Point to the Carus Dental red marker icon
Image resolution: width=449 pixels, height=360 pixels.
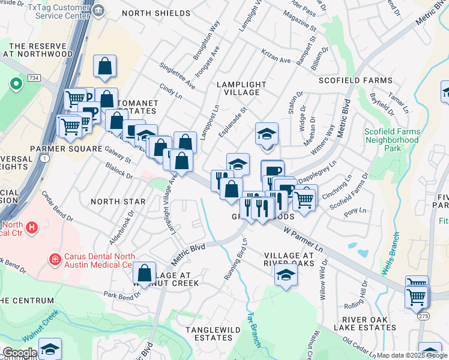coord(55,259)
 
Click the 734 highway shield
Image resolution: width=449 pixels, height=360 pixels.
coord(34,79)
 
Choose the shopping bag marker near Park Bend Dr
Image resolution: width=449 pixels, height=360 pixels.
coord(145,273)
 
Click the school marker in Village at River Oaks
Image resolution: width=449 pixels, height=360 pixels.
coord(286,275)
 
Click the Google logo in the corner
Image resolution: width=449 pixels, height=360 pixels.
coord(19,353)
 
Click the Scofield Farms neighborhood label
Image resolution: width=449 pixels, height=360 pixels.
coord(355,80)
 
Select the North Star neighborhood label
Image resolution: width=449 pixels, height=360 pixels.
coord(118,202)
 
